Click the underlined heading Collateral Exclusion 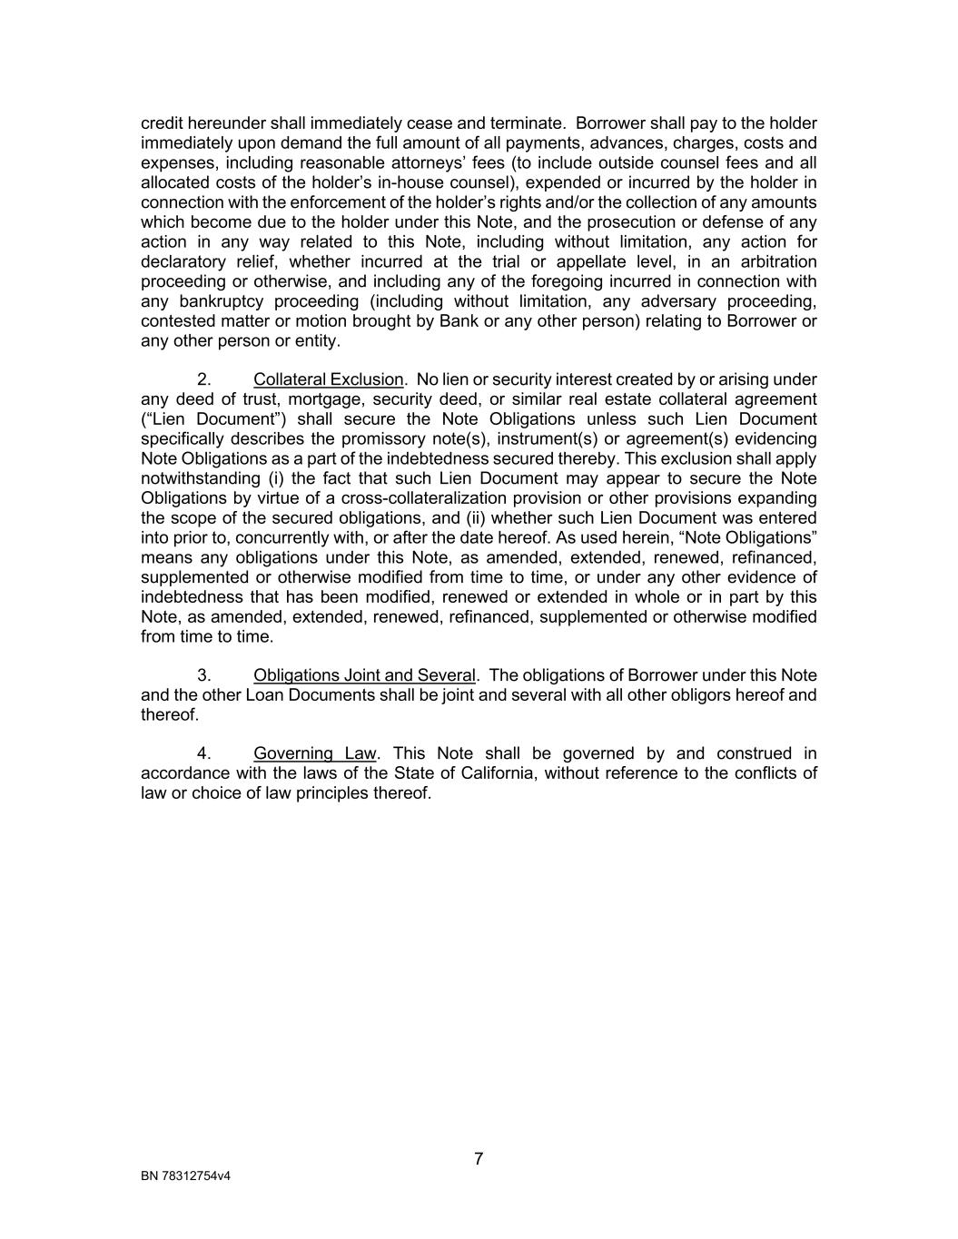pyautogui.click(x=328, y=379)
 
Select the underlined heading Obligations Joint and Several pyautogui.click(x=364, y=675)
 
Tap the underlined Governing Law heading pyautogui.click(x=314, y=753)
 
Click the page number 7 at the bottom pyautogui.click(x=479, y=1159)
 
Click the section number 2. pyautogui.click(x=204, y=379)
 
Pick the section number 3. pyautogui.click(x=204, y=675)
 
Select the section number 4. pyautogui.click(x=204, y=753)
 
